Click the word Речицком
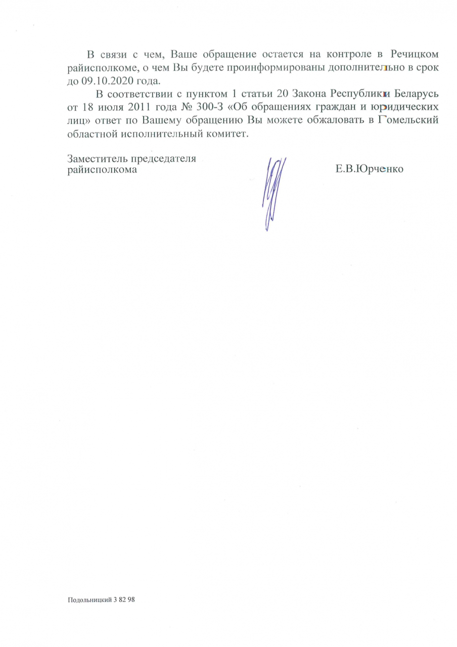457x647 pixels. (x=411, y=54)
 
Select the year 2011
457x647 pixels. (x=142, y=108)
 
